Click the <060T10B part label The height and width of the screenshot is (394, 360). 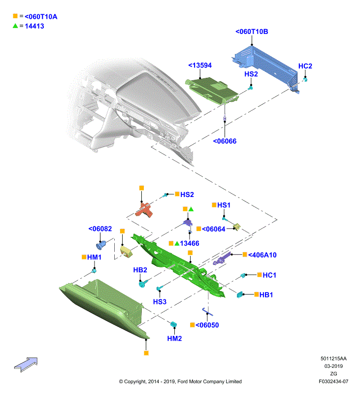(x=252, y=32)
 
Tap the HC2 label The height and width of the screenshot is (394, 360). (x=305, y=66)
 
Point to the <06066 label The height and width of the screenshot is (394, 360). (x=225, y=141)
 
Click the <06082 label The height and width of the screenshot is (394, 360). (x=100, y=229)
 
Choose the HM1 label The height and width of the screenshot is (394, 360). (x=94, y=257)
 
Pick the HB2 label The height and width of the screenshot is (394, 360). (x=140, y=270)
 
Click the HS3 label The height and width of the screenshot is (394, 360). (x=160, y=301)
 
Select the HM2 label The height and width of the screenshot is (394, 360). (x=174, y=338)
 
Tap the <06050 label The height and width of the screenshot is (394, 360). (x=207, y=325)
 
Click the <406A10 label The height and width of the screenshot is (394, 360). (x=262, y=255)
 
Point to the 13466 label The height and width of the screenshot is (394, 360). (x=189, y=243)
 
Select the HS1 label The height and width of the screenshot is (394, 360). (x=224, y=205)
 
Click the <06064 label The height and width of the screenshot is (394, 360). (x=213, y=229)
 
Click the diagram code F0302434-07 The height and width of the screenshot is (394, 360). (x=333, y=381)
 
